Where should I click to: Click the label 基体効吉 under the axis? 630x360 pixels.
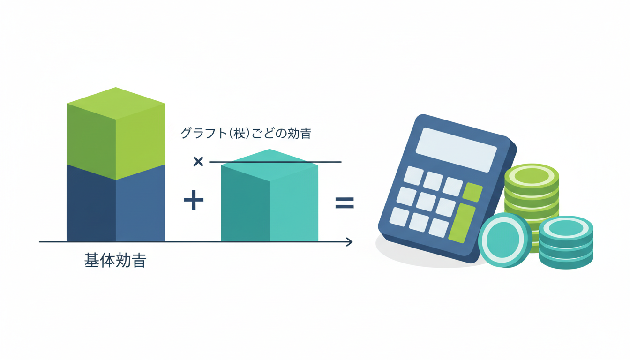pyautogui.click(x=115, y=261)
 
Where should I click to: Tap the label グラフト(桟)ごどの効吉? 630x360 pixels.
pyautogui.click(x=246, y=134)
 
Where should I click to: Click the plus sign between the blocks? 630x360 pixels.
pyautogui.click(x=194, y=201)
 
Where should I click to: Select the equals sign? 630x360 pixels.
pyautogui.click(x=345, y=202)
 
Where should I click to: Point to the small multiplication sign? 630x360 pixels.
pyautogui.click(x=198, y=162)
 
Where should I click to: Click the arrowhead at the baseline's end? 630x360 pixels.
pyautogui.click(x=349, y=242)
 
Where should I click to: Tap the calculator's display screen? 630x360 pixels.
pyautogui.click(x=456, y=149)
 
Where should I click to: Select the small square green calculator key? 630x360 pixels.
pyautogui.click(x=472, y=192)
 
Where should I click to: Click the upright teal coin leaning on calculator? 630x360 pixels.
pyautogui.click(x=504, y=240)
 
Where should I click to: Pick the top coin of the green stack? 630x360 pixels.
pyautogui.click(x=532, y=175)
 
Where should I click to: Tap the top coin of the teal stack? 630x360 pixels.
pyautogui.click(x=566, y=228)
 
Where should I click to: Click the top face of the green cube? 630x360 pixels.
pyautogui.click(x=116, y=103)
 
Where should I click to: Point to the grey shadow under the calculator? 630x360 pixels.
pyautogui.click(x=412, y=255)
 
